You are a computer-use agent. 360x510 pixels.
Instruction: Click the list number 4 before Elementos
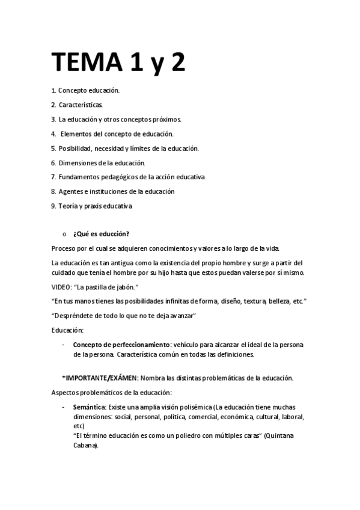(x=53, y=134)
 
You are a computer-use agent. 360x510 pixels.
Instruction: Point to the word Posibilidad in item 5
(x=76, y=148)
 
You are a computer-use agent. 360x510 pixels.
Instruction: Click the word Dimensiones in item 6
(x=78, y=163)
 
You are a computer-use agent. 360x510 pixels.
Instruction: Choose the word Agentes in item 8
(x=71, y=192)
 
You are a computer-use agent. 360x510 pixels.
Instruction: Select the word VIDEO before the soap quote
(x=61, y=287)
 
